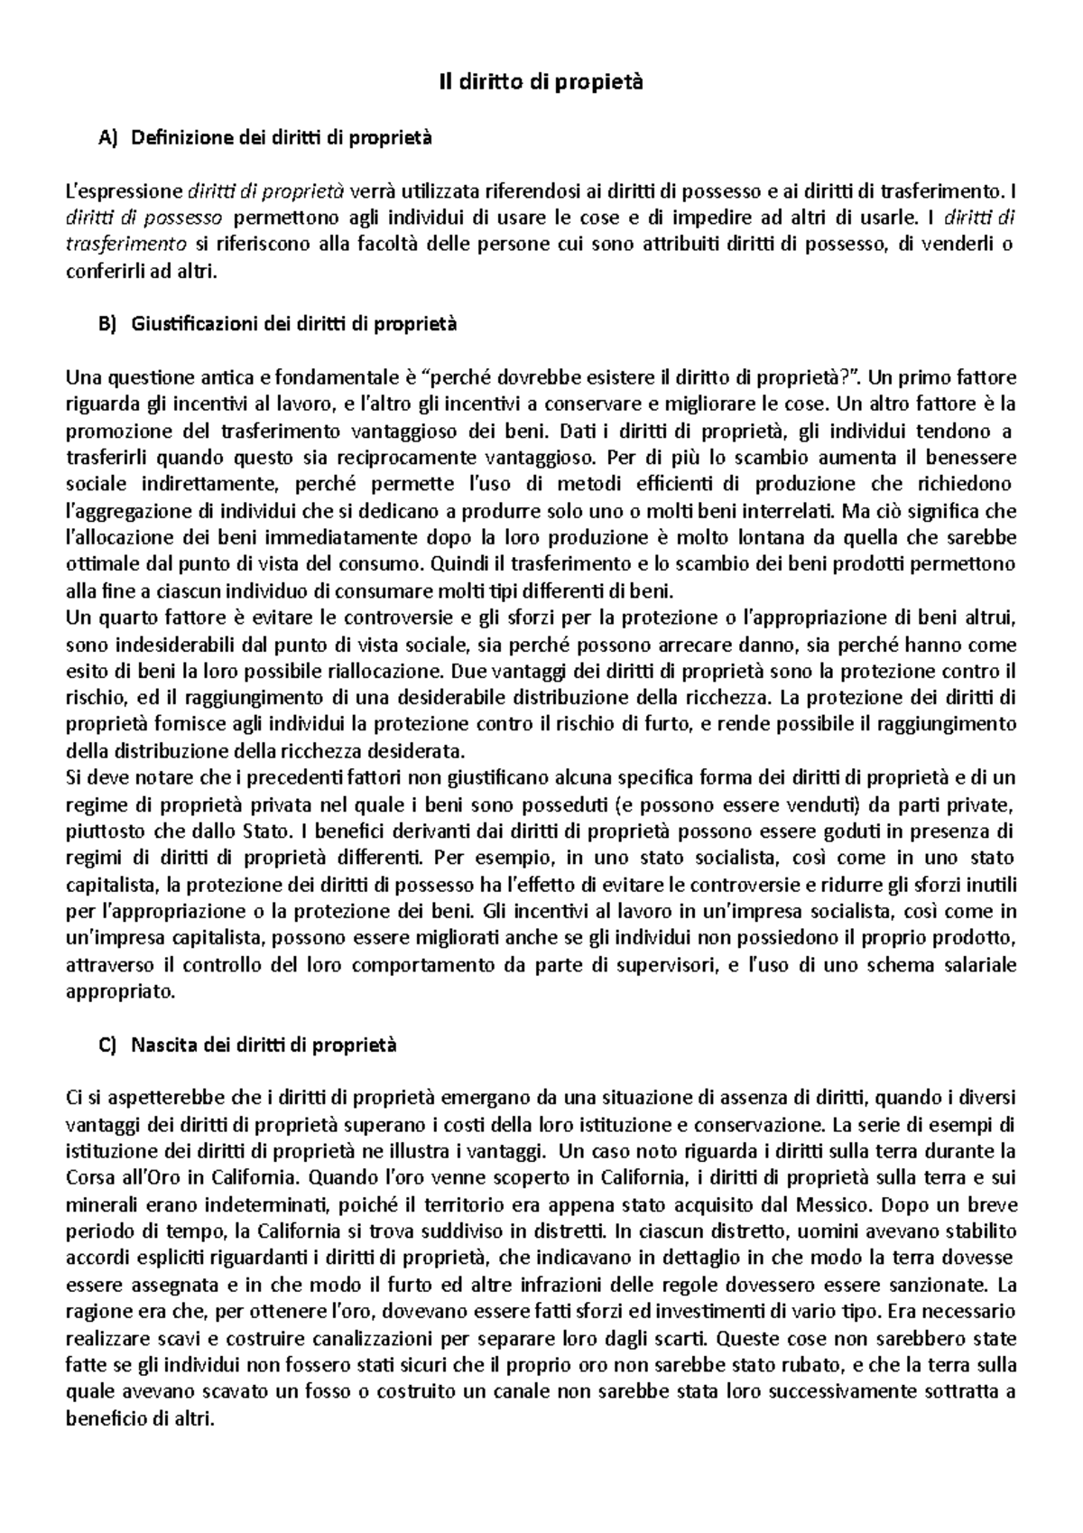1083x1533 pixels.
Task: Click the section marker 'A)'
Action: tap(106, 138)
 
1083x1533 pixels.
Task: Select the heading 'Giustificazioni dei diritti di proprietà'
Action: tap(294, 324)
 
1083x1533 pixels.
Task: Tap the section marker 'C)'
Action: tap(106, 1045)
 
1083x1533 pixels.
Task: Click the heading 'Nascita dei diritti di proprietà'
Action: tap(264, 1045)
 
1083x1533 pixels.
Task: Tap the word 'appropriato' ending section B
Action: tap(119, 991)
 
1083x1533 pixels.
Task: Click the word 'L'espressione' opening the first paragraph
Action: tap(124, 190)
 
